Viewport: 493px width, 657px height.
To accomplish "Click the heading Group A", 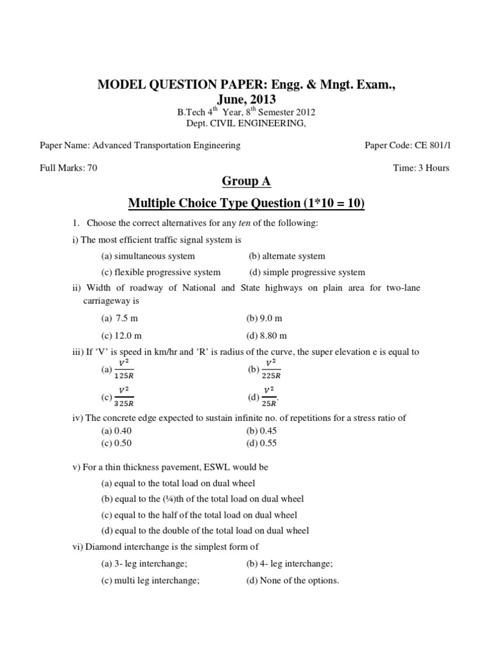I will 246,182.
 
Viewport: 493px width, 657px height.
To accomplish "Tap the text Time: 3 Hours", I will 420,168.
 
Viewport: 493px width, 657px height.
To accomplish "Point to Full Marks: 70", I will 69,168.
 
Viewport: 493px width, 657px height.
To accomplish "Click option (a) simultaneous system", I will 148,255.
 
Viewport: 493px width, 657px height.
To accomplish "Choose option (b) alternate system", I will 287,255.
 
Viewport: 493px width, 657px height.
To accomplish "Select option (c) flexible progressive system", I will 160,272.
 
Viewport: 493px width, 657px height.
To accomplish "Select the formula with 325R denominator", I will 123,397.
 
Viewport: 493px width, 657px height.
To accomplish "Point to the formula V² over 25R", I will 268,397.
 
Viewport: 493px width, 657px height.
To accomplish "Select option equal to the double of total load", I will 205,531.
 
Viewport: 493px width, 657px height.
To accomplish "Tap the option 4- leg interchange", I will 289,564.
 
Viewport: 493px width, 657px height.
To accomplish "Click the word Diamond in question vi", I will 101,547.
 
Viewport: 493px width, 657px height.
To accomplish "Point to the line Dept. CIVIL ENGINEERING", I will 246,123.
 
